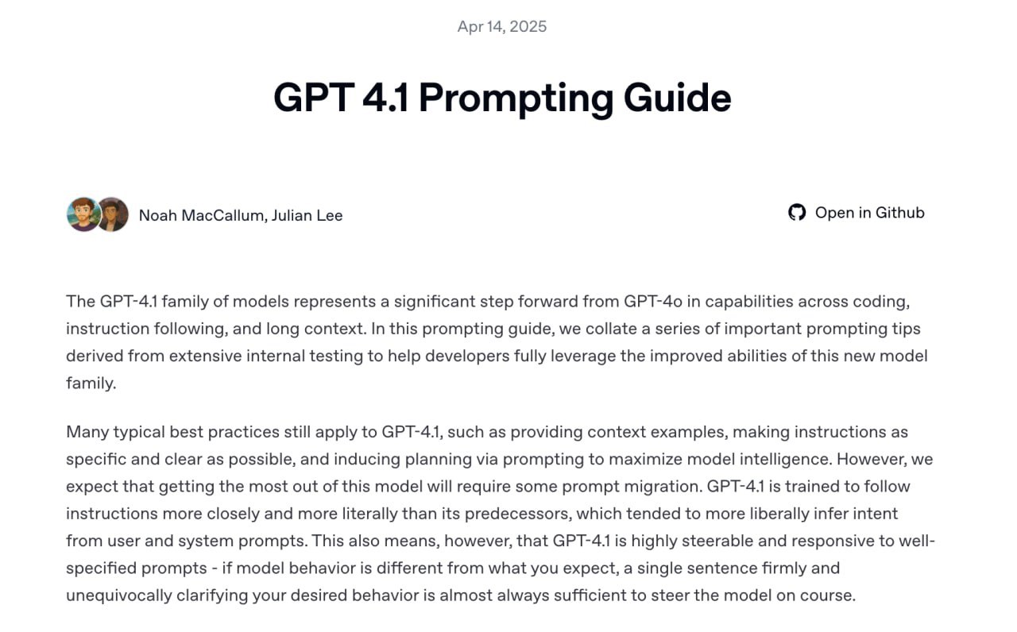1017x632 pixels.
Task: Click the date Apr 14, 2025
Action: point(502,26)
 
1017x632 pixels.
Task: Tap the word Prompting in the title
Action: point(516,98)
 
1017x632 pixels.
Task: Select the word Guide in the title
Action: point(677,98)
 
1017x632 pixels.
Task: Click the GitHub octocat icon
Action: point(797,212)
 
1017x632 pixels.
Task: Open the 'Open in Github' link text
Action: point(869,212)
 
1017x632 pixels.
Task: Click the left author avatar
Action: point(83,214)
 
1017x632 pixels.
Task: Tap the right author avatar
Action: point(113,214)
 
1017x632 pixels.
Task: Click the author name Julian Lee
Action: point(307,215)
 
